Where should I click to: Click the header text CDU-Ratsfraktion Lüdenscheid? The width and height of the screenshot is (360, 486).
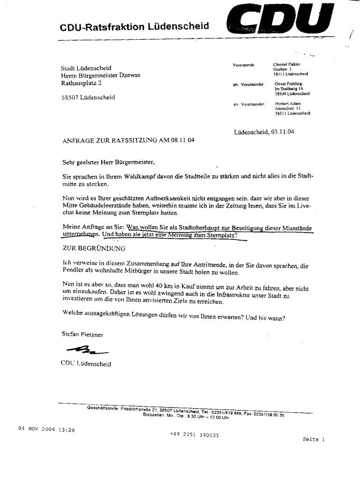(134, 27)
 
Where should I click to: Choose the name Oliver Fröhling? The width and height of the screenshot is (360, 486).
(288, 84)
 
